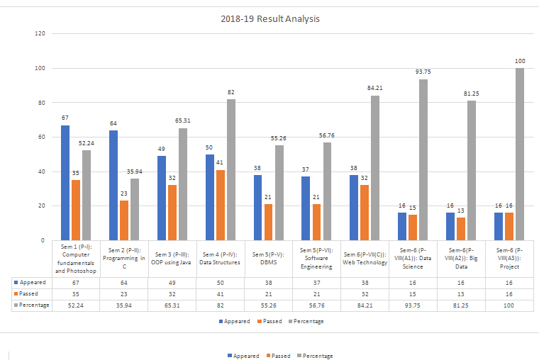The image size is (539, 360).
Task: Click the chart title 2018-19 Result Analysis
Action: (269, 19)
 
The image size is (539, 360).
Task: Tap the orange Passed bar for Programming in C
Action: (123, 220)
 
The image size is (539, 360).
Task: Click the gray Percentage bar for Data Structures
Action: (230, 169)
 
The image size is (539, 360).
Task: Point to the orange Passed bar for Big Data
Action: (461, 229)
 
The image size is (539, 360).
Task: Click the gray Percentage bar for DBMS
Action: (279, 193)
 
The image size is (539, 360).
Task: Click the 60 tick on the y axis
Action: (41, 137)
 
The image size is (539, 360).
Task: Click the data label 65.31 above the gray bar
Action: (184, 121)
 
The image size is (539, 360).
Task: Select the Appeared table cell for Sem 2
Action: (123, 281)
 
